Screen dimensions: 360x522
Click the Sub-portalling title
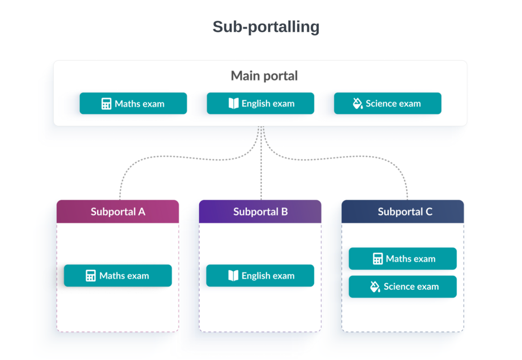266,27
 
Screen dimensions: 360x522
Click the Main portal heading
264,76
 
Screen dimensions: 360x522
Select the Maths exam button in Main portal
133,104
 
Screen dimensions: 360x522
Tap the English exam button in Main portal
260,104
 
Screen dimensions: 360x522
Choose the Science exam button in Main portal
388,104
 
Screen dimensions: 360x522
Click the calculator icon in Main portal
106,104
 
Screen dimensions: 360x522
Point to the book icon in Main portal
233,103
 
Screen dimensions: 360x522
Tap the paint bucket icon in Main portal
357,103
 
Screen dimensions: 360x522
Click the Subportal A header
118,212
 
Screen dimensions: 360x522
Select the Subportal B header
260,212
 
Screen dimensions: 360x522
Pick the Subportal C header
403,212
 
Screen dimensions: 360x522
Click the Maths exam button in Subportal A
118,276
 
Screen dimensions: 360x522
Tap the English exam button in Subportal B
260,276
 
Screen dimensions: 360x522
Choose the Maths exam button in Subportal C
403,259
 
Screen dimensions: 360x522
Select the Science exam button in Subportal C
403,287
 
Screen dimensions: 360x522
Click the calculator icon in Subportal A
91,276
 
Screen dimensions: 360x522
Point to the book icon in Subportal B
233,276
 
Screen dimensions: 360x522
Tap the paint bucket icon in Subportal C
375,287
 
